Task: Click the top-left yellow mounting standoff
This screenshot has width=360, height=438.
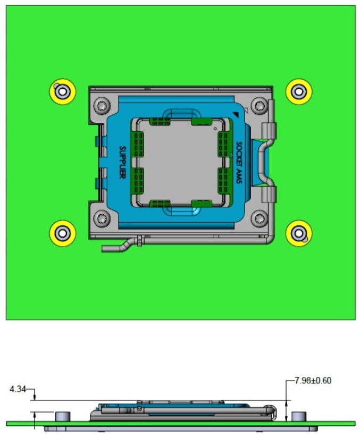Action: (63, 91)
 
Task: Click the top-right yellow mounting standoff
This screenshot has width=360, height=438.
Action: (299, 91)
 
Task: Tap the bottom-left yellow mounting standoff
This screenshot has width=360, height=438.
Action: (63, 233)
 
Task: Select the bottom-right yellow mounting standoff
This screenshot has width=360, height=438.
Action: (299, 233)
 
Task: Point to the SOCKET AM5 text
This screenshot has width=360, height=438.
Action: (239, 162)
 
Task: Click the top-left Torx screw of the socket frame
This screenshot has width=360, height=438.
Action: (102, 106)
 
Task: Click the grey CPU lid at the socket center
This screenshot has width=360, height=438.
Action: (181, 162)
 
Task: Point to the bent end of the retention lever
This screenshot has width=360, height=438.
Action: (109, 247)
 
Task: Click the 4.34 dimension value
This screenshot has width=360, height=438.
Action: (19, 390)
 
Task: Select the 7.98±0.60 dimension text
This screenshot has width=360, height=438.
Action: (313, 381)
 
